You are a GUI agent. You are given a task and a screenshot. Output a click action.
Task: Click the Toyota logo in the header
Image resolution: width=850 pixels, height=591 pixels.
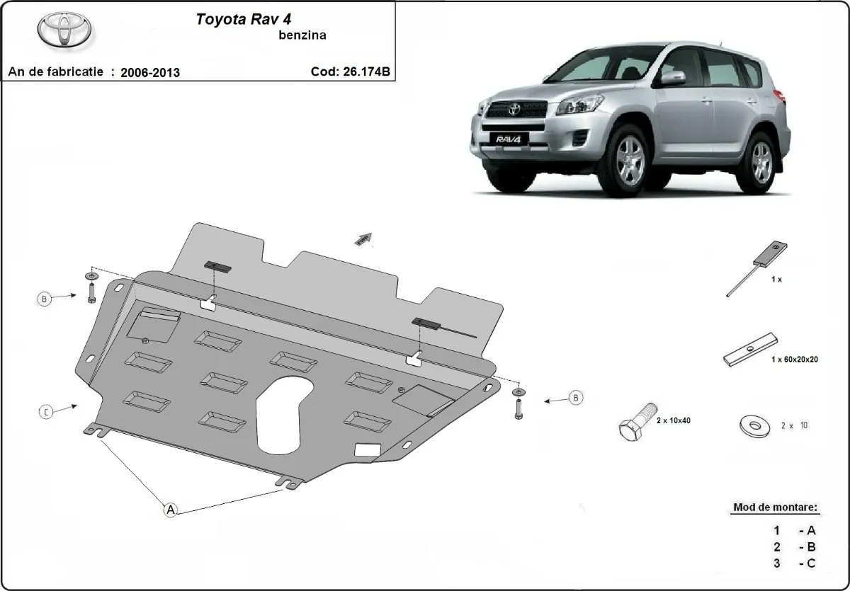coord(63,30)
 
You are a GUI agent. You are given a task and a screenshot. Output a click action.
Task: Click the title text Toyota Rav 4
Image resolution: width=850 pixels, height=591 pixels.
coord(237,19)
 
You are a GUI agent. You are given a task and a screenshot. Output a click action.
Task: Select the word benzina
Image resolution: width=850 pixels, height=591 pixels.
coord(302,35)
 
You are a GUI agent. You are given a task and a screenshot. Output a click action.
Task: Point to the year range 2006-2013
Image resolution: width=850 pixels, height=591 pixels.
coord(150,72)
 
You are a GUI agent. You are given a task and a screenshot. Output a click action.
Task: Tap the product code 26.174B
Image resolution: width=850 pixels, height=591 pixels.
coord(365,71)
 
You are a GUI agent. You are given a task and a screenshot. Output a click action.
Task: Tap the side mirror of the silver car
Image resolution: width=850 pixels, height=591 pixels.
coord(672,77)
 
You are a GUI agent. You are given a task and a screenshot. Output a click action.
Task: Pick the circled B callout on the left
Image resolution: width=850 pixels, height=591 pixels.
coord(45,299)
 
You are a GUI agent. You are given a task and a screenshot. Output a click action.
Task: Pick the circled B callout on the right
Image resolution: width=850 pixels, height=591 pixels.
coord(576,398)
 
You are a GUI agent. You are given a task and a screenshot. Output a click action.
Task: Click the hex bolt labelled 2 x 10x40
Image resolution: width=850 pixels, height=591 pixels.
coord(637,423)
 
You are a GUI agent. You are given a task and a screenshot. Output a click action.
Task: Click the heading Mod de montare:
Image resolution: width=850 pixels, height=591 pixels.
coord(774,507)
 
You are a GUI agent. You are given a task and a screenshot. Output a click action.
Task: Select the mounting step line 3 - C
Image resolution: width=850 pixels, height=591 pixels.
coord(795,563)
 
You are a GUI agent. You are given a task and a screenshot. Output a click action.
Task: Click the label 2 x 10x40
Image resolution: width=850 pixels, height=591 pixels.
coord(674,420)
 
